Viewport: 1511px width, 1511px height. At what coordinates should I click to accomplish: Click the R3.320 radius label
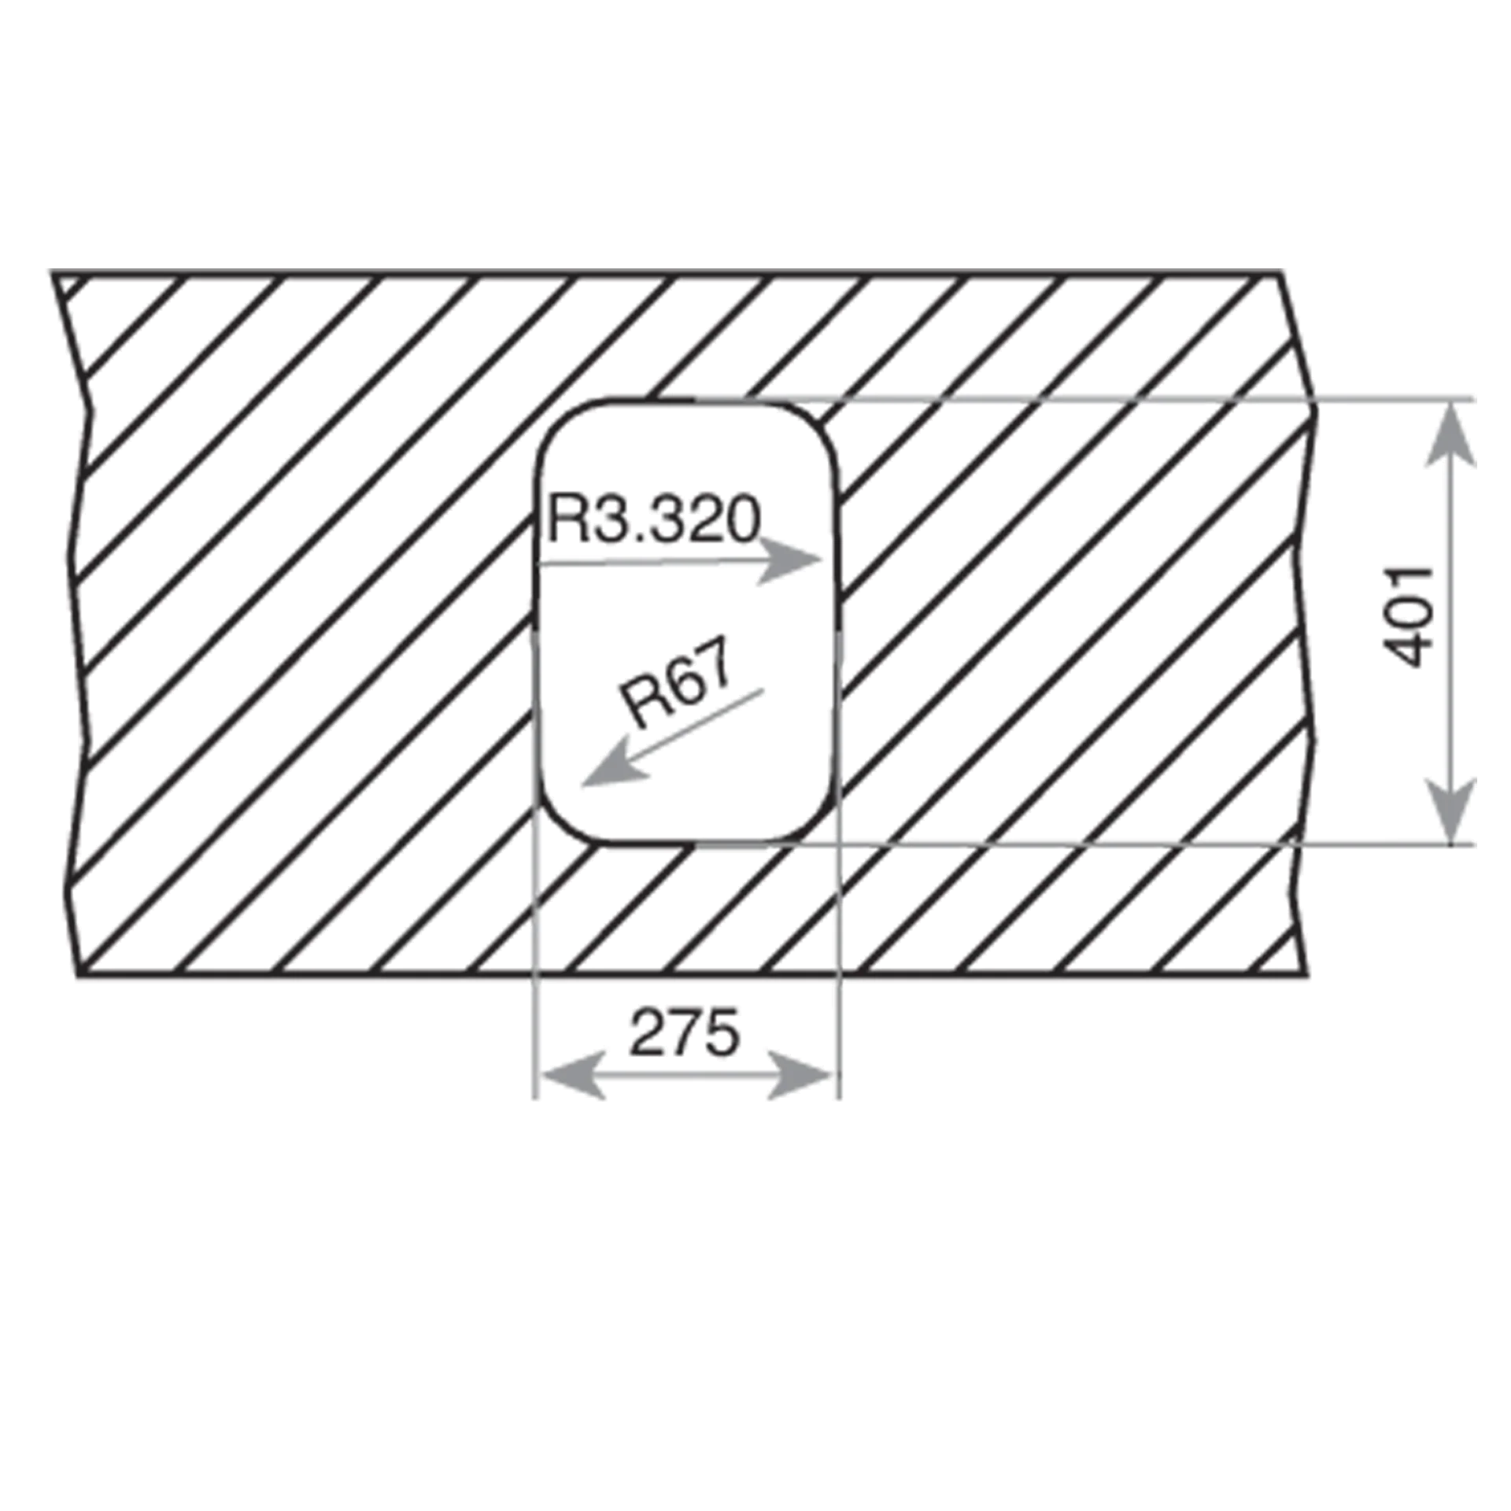click(654, 519)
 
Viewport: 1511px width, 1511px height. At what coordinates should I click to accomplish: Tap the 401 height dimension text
click(1408, 616)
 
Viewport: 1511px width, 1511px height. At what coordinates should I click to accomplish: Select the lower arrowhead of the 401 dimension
click(1450, 811)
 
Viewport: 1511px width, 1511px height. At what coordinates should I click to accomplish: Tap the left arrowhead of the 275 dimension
click(571, 1075)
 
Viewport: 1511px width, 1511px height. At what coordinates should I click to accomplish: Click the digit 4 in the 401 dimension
click(1408, 652)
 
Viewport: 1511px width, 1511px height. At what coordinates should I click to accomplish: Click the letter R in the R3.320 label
click(564, 519)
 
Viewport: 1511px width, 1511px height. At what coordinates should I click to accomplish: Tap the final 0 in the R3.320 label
click(744, 520)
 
